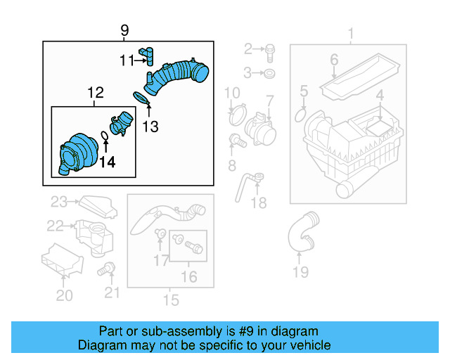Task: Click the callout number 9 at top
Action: (124, 30)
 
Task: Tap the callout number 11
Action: (126, 61)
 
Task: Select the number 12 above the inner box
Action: (95, 93)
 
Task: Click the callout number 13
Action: (150, 127)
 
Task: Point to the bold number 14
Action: (107, 163)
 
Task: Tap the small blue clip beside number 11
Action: (147, 54)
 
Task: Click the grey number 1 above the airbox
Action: (350, 33)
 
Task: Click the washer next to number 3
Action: (269, 72)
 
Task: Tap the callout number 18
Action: (259, 203)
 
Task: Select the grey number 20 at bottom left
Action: (64, 296)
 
